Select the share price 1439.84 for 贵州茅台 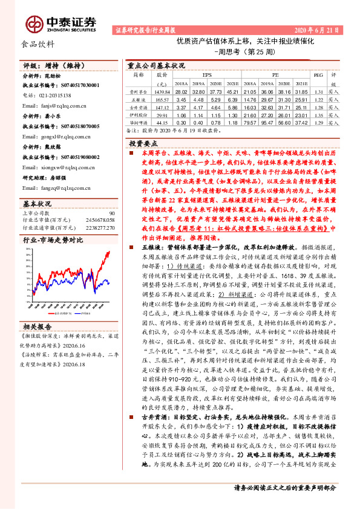(x=162, y=91)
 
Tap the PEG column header (x=319, y=76)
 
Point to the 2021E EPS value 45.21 (x=234, y=91)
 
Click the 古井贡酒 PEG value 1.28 (x=319, y=106)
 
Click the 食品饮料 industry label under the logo (x=38, y=44)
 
